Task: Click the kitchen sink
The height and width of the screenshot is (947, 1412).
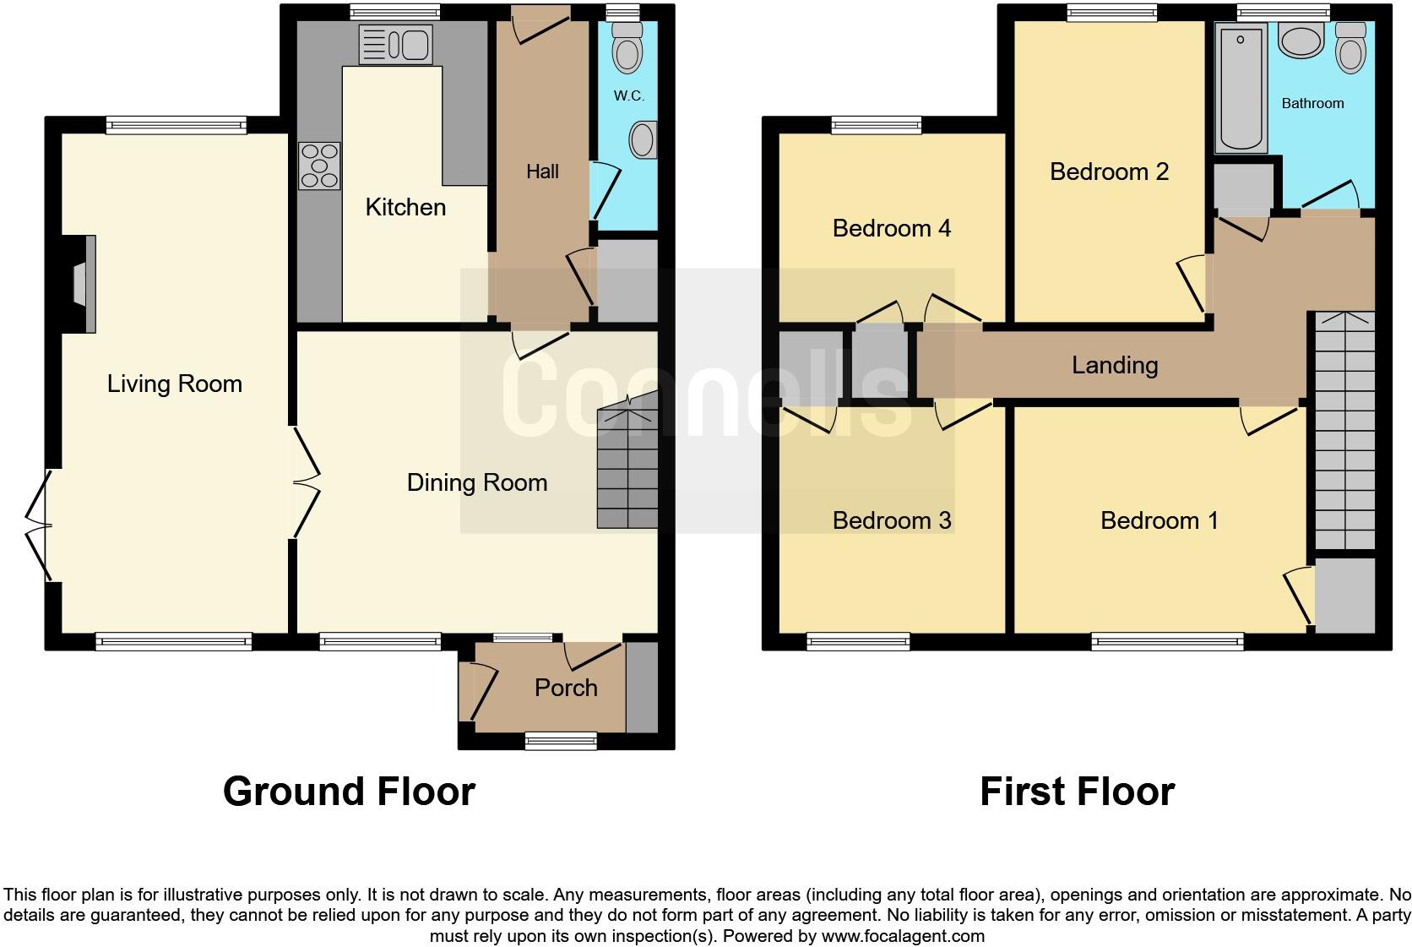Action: [395, 44]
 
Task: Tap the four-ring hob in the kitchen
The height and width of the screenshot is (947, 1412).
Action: [319, 166]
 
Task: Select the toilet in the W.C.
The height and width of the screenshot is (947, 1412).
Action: [627, 49]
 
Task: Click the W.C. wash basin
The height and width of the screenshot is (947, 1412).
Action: [644, 140]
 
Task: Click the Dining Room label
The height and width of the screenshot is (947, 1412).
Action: [477, 482]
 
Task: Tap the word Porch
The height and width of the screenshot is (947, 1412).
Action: [566, 688]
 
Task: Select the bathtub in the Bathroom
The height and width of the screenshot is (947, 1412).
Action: [1241, 88]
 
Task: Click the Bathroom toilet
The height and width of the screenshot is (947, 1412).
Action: [1351, 49]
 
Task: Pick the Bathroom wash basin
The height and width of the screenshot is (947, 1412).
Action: [1301, 40]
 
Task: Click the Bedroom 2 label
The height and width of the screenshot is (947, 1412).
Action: [1109, 171]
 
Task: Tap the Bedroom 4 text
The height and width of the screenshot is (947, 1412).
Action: [892, 228]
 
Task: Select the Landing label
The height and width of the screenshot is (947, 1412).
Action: [1115, 365]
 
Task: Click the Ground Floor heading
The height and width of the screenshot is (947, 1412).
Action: [349, 792]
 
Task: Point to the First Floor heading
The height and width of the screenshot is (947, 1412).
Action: [1077, 792]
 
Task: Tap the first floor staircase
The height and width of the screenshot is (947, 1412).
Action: [1344, 431]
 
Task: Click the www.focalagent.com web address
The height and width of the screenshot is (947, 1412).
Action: [902, 936]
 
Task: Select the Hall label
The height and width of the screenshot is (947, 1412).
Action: [542, 171]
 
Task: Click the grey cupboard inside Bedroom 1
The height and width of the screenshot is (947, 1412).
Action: [1345, 596]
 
